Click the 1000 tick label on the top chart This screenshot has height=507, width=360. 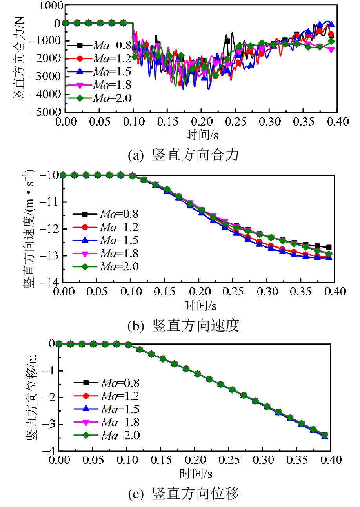pos(51,5)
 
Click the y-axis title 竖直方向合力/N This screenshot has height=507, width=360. pos(20,58)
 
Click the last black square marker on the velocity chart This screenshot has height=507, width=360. pos(329,247)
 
